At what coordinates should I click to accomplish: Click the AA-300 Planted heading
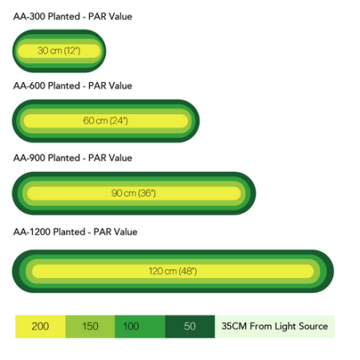[72, 17]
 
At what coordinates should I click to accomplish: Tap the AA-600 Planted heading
[72, 86]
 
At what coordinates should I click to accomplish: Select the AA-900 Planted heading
[72, 158]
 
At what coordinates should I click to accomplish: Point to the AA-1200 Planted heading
[76, 232]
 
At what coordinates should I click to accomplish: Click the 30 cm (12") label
[59, 50]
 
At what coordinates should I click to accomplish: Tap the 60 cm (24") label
[106, 121]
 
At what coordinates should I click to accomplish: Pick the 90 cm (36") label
[134, 193]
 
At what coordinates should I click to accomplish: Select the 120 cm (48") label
[173, 271]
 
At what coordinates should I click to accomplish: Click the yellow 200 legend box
[41, 327]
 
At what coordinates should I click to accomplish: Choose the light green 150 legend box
[90, 327]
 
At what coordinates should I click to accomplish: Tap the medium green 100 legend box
[140, 327]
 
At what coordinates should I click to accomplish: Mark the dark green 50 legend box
[190, 327]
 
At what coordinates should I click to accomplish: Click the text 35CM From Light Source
[275, 326]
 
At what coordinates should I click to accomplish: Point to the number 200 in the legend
[40, 327]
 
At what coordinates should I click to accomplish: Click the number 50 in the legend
[190, 327]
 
